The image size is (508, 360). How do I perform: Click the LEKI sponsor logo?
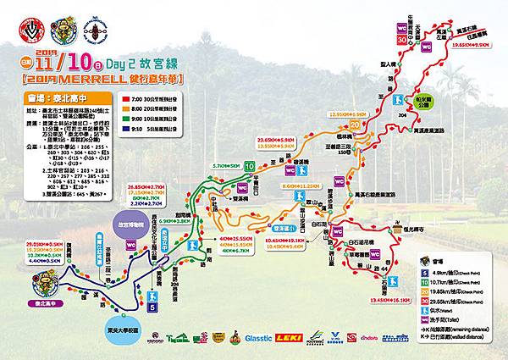pyautogui.click(x=287, y=336)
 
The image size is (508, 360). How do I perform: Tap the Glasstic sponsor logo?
pyautogui.click(x=257, y=337)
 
